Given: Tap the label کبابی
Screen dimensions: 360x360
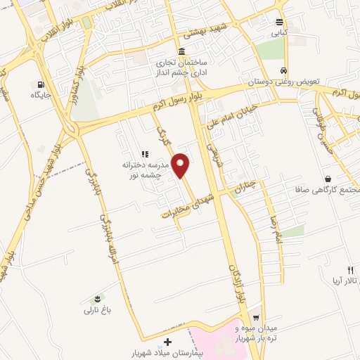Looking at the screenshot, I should coord(280,32).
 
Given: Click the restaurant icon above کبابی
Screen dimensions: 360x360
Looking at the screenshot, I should coord(280,22).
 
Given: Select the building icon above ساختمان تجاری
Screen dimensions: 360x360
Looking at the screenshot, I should coord(182,52).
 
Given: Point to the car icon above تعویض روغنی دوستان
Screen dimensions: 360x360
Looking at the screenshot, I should coord(283,71).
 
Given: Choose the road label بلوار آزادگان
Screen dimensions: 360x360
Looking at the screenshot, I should coord(236,285).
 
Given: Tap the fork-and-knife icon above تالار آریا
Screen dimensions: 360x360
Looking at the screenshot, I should coord(350,271).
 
